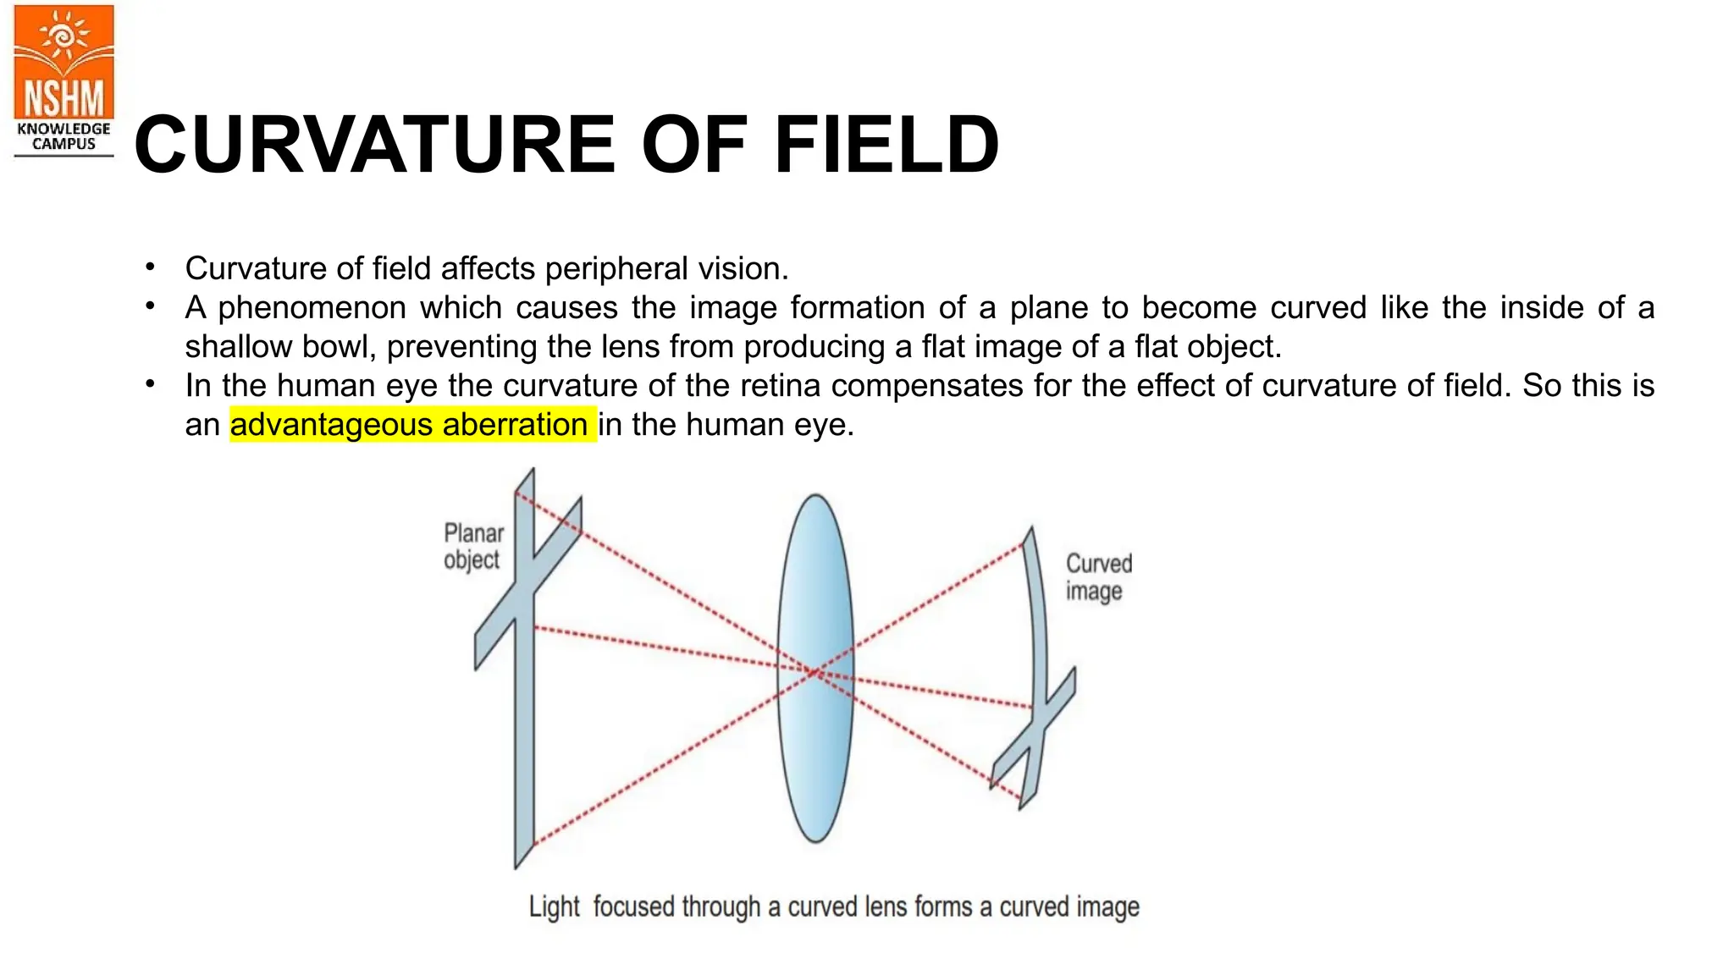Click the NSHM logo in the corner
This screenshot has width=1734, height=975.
pos(64,63)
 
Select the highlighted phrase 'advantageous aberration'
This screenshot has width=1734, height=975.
pos(412,424)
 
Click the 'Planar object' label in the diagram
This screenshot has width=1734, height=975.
pos(472,546)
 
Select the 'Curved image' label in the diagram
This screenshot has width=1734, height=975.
pos(1097,576)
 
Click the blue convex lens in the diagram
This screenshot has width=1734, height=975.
pos(815,668)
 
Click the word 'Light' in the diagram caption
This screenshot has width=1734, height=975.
pos(554,906)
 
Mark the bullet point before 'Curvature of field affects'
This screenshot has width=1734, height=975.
pos(150,267)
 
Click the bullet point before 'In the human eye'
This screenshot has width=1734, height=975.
pos(150,384)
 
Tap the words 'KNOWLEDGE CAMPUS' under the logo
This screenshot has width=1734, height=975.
pos(64,136)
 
